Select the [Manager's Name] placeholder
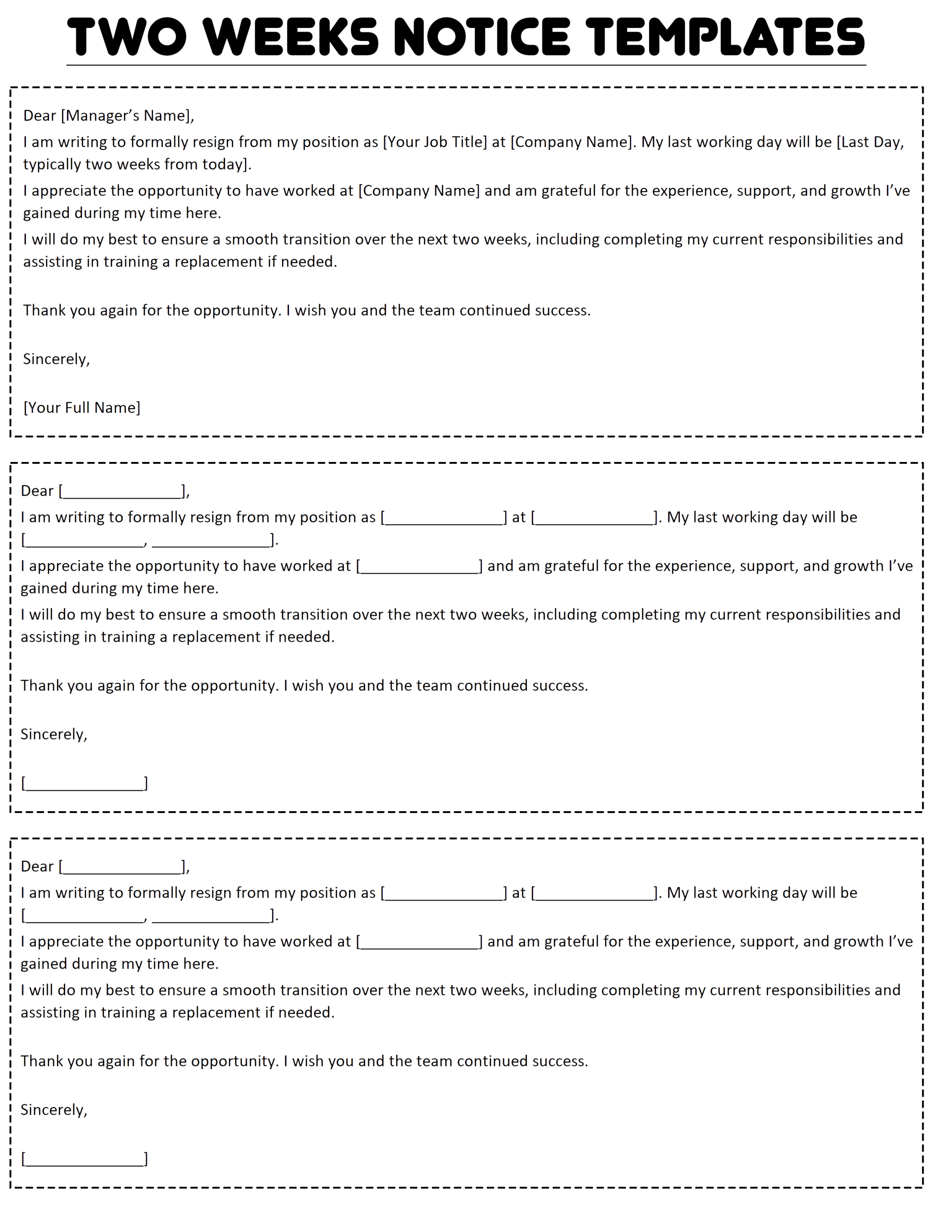click(127, 116)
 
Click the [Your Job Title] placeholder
click(435, 142)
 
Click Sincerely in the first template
click(55, 360)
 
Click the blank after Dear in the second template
click(122, 492)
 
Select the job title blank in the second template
click(443, 518)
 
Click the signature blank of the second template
click(84, 784)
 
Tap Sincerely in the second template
click(53, 735)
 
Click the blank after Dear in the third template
click(122, 867)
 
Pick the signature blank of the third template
click(84, 1159)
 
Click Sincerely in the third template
click(53, 1110)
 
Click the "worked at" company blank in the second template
click(419, 567)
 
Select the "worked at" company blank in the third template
click(419, 942)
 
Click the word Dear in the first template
click(39, 116)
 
